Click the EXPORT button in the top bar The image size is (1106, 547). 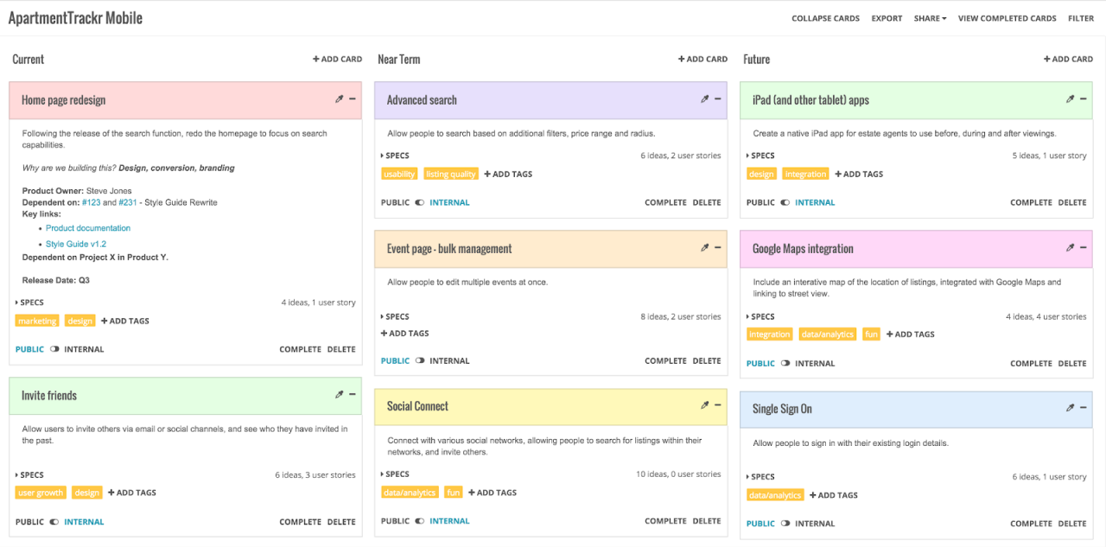click(887, 18)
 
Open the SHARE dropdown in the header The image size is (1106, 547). click(930, 18)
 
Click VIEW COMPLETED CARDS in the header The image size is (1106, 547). click(1007, 18)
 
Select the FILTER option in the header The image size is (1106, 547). click(1080, 18)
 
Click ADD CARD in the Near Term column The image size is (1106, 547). click(702, 59)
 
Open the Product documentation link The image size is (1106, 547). click(88, 228)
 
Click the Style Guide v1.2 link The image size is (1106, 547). click(76, 244)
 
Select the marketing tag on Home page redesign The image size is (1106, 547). click(37, 321)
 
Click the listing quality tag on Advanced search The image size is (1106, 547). click(450, 174)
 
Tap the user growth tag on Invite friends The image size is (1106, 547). click(41, 493)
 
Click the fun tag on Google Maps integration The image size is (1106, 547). click(871, 334)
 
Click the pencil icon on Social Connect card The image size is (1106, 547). click(704, 404)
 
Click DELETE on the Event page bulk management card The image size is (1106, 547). click(706, 360)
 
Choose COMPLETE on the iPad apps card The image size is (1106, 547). click(1031, 202)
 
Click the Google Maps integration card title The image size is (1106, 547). click(803, 249)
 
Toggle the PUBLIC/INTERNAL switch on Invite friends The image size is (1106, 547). click(54, 522)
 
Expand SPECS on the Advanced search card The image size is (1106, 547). click(395, 156)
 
